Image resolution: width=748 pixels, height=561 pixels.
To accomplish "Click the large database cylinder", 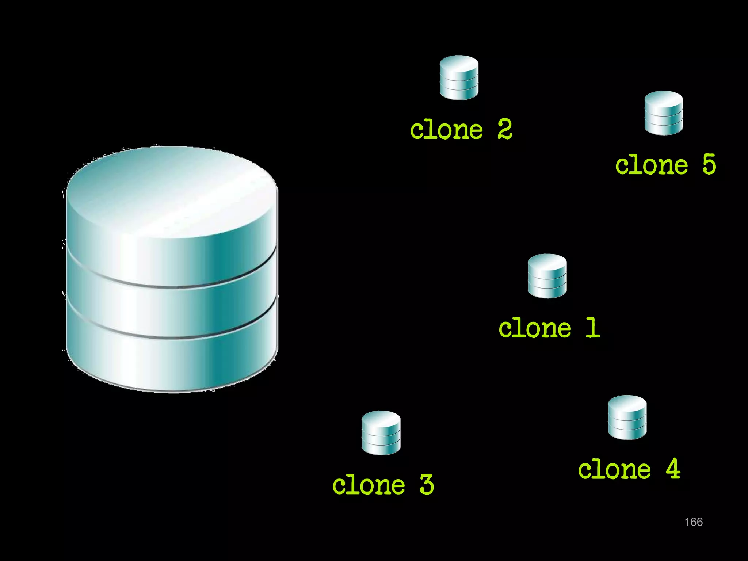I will click(x=172, y=270).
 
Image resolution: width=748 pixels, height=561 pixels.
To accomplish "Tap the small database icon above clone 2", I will click(x=459, y=77).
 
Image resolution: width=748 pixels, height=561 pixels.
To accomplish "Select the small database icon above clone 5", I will click(x=664, y=113).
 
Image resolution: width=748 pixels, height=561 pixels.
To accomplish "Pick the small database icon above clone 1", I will click(x=547, y=276).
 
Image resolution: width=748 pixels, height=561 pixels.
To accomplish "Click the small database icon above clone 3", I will click(x=381, y=433).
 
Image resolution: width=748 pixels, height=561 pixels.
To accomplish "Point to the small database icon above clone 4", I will click(x=627, y=417).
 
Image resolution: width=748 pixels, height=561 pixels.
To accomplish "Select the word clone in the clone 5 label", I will click(x=652, y=165).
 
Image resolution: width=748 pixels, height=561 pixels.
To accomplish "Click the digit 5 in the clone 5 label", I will click(x=709, y=164).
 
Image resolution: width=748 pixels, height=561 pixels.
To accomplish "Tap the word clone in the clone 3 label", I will click(x=369, y=485).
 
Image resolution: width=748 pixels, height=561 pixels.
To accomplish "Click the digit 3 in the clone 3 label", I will click(x=427, y=484).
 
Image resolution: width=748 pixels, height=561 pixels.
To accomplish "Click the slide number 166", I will click(x=694, y=522).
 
